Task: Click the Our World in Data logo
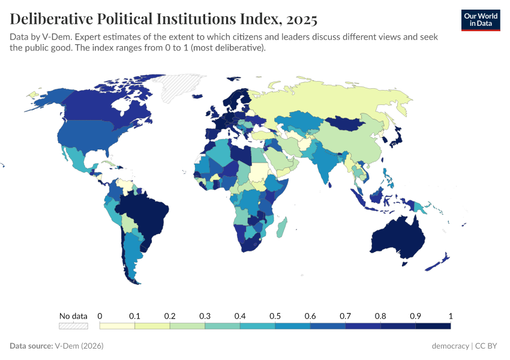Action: (480, 19)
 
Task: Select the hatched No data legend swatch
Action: (73, 326)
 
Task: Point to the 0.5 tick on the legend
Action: (275, 316)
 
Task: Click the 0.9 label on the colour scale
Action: (415, 316)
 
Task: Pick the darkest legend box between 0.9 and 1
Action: (433, 326)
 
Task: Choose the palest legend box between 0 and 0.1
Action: (117, 326)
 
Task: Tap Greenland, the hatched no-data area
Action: (180, 87)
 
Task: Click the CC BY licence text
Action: (488, 346)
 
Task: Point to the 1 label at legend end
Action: (450, 316)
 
